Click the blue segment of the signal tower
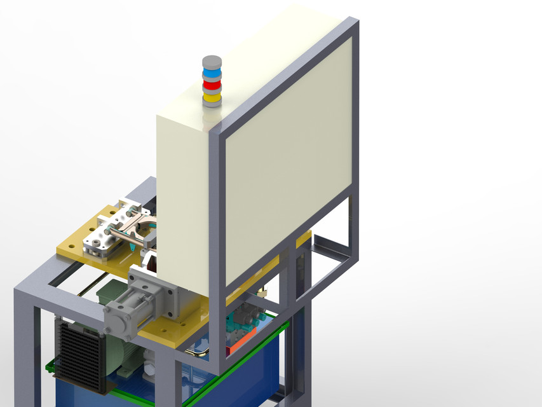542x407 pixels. coord(212,70)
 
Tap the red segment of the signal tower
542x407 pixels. coord(212,85)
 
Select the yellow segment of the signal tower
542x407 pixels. coord(212,99)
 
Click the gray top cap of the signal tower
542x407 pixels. coord(212,60)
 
